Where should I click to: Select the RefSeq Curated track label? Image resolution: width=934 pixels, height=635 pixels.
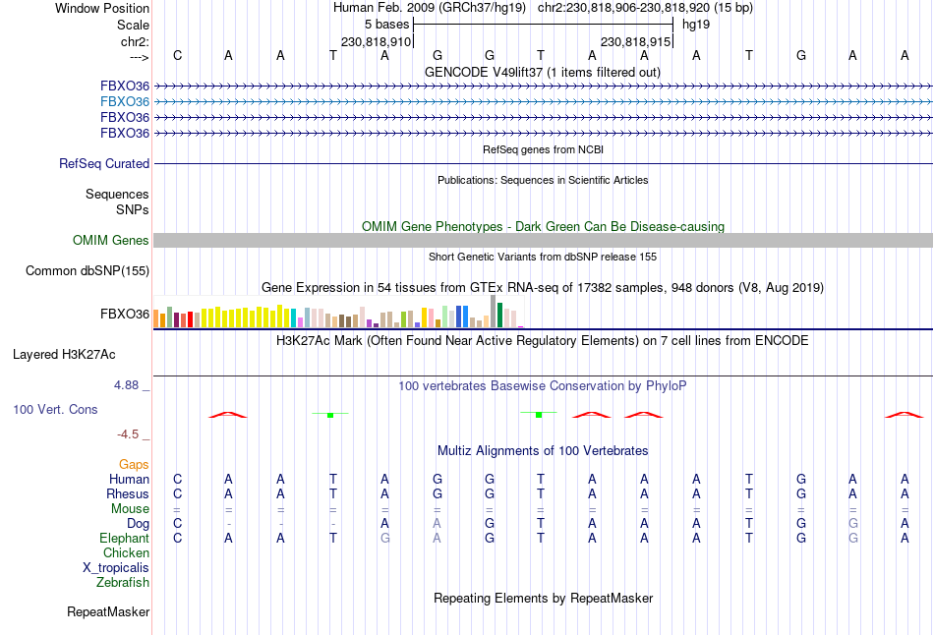point(104,164)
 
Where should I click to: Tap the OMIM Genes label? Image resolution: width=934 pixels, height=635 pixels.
point(111,241)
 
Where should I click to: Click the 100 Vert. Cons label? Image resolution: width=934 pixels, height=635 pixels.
point(55,409)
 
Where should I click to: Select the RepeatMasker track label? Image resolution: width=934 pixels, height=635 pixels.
point(108,612)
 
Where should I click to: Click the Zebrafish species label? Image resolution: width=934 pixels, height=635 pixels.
point(123,583)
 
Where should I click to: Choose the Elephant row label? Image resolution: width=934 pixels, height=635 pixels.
point(124,539)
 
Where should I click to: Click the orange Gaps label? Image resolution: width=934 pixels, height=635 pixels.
point(134,464)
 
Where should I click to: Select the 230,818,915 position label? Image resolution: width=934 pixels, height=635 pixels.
point(635,42)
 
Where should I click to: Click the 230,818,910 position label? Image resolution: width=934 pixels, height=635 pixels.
point(376,42)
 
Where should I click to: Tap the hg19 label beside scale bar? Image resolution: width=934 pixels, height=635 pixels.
point(696,24)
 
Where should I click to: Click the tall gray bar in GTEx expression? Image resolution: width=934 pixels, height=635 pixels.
point(494,312)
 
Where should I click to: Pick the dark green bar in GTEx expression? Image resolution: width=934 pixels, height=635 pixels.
point(500,315)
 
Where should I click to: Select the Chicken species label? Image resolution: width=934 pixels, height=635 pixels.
point(126,553)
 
